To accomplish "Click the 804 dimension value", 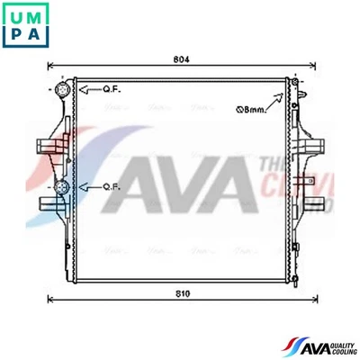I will click(x=180, y=59).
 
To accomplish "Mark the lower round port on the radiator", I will click(x=61, y=187).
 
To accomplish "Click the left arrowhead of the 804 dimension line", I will click(x=50, y=67).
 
